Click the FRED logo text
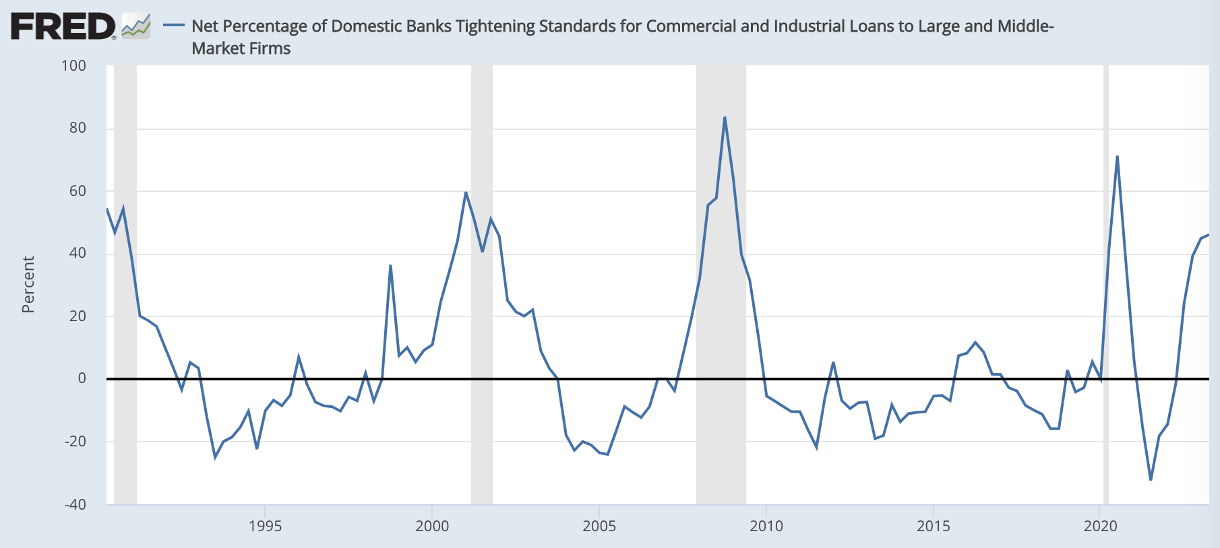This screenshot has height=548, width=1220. (63, 27)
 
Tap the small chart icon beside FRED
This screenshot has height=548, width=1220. (136, 26)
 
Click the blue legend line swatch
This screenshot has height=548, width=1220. (174, 26)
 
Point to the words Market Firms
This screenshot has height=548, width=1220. (241, 48)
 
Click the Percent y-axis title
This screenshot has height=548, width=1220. (28, 284)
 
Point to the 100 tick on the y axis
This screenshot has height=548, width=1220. (73, 66)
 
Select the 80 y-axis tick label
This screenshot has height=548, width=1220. (78, 128)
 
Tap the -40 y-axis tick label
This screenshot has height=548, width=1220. (75, 504)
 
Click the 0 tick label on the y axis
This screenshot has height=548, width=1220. (82, 378)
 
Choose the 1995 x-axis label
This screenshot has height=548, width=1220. (265, 526)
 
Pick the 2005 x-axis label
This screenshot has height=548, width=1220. (599, 526)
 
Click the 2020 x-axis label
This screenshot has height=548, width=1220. (1100, 526)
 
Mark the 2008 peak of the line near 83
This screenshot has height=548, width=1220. (725, 117)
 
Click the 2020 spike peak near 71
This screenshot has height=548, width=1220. (1117, 156)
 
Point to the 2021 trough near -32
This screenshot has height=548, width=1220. (1151, 479)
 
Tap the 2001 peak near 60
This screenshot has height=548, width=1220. (466, 192)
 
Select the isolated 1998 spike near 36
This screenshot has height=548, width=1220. (390, 265)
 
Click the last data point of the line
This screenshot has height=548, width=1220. (1209, 234)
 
